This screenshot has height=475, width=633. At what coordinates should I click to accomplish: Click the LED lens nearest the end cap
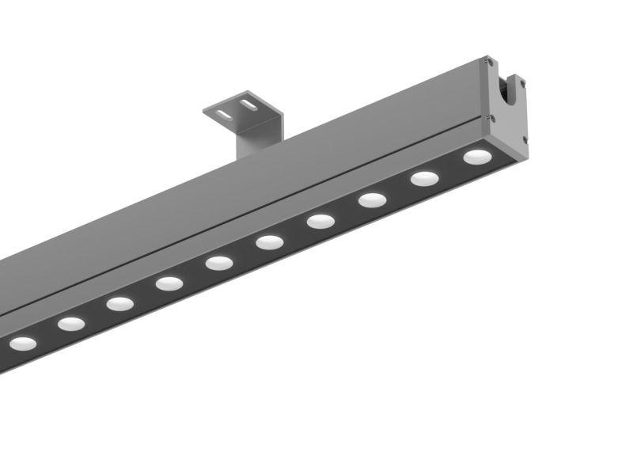click(476, 157)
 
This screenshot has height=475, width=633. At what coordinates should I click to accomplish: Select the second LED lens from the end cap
click(424, 179)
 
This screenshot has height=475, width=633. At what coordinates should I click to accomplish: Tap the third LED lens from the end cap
click(372, 200)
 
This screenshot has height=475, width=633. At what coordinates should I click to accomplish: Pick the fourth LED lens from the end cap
click(320, 222)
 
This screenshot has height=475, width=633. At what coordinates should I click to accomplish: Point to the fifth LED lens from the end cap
click(270, 242)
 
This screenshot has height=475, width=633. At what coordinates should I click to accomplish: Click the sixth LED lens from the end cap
click(219, 263)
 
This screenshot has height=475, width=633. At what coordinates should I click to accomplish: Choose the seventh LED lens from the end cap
click(169, 283)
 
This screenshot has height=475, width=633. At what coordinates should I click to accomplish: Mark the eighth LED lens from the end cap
click(119, 303)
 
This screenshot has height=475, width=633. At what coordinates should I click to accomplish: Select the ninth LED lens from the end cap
click(70, 323)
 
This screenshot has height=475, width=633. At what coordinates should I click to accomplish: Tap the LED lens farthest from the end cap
click(22, 344)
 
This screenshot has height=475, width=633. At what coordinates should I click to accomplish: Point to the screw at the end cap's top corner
click(491, 61)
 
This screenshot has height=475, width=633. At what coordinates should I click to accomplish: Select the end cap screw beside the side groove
click(492, 119)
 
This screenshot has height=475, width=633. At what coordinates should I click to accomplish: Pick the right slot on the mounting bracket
click(248, 104)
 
